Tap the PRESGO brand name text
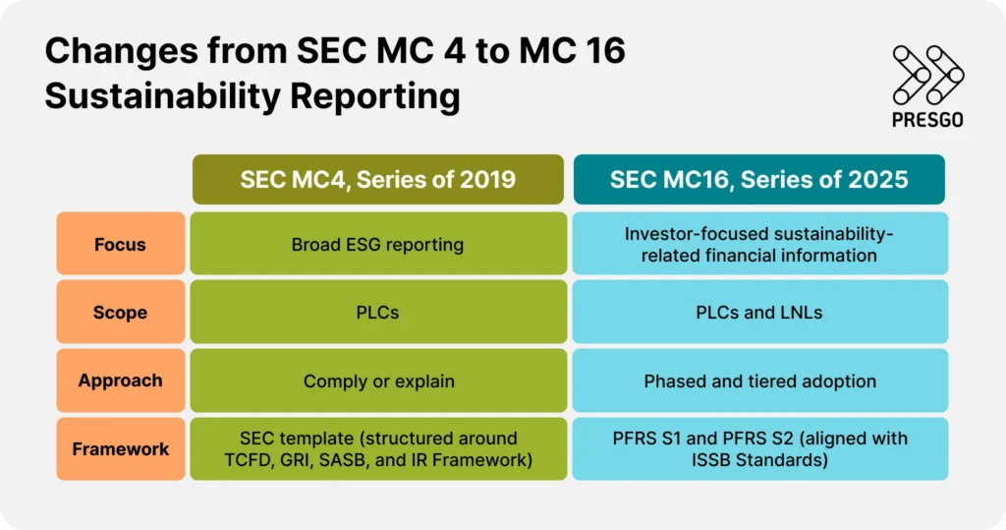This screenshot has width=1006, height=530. click(928, 119)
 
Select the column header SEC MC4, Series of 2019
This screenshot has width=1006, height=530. click(377, 179)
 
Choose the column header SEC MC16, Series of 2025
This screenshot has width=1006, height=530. click(758, 179)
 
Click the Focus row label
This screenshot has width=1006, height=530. click(120, 244)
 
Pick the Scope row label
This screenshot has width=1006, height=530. click(120, 313)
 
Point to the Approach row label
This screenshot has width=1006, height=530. click(120, 381)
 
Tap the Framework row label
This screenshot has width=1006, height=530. click(120, 449)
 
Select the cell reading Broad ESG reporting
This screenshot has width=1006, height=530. click(377, 244)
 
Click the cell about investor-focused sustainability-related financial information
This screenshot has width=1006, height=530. click(758, 244)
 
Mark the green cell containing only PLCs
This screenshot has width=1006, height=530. click(377, 313)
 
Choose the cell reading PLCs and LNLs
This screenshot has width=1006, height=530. click(758, 313)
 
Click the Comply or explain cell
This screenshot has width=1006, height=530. click(377, 381)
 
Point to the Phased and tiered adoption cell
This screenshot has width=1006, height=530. click(758, 381)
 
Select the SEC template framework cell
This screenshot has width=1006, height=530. click(377, 449)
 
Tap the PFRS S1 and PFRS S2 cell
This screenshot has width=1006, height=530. click(758, 449)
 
